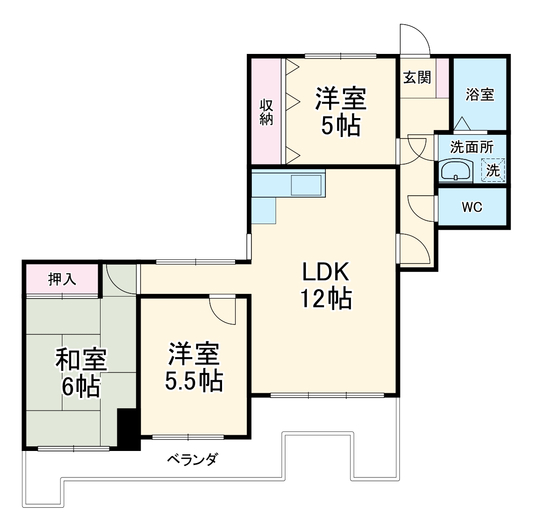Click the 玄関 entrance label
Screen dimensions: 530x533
click(x=417, y=78)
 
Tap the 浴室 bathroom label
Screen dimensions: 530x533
click(x=479, y=94)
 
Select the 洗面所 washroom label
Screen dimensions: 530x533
click(x=471, y=147)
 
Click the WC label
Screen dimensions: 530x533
click(x=472, y=207)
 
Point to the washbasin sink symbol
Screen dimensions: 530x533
click(x=456, y=171)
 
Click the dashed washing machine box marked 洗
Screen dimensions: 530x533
click(x=493, y=171)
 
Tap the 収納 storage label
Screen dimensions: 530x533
click(x=266, y=112)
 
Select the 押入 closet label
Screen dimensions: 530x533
click(x=62, y=279)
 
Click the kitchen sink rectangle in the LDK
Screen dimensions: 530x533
click(x=306, y=185)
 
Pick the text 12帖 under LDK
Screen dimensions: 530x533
click(x=325, y=298)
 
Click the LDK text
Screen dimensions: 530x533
click(x=325, y=272)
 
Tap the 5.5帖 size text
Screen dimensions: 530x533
click(x=194, y=381)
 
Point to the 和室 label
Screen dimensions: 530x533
click(x=81, y=359)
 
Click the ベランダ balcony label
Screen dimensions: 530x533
click(x=192, y=460)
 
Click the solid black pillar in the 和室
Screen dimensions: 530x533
click(x=128, y=429)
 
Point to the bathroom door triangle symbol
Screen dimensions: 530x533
click(x=462, y=124)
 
